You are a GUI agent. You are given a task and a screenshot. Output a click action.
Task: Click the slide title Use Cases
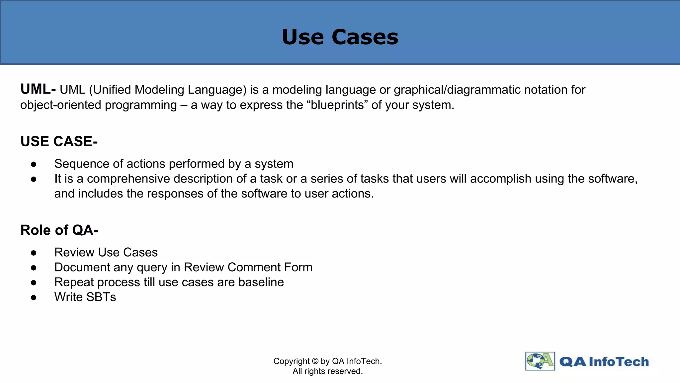[x=340, y=37]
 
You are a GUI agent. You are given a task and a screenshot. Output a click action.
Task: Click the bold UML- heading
[x=38, y=89]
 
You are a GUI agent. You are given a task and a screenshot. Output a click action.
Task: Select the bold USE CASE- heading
[x=59, y=142]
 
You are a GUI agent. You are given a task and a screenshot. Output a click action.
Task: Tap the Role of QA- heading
[x=59, y=230]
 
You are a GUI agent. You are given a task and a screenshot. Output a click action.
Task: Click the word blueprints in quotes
[x=337, y=105]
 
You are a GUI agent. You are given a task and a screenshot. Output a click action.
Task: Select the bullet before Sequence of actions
[x=34, y=164]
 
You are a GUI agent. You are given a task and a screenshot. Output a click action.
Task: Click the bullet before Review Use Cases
[x=34, y=253]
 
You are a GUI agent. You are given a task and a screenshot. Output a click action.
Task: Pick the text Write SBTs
[x=85, y=297]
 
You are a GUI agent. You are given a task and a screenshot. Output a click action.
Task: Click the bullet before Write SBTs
[x=34, y=298]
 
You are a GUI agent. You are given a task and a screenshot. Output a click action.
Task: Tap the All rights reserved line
[x=327, y=371]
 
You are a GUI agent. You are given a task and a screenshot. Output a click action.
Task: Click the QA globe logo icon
[x=540, y=361]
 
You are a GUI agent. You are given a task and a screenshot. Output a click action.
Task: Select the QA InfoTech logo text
[x=604, y=362]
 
